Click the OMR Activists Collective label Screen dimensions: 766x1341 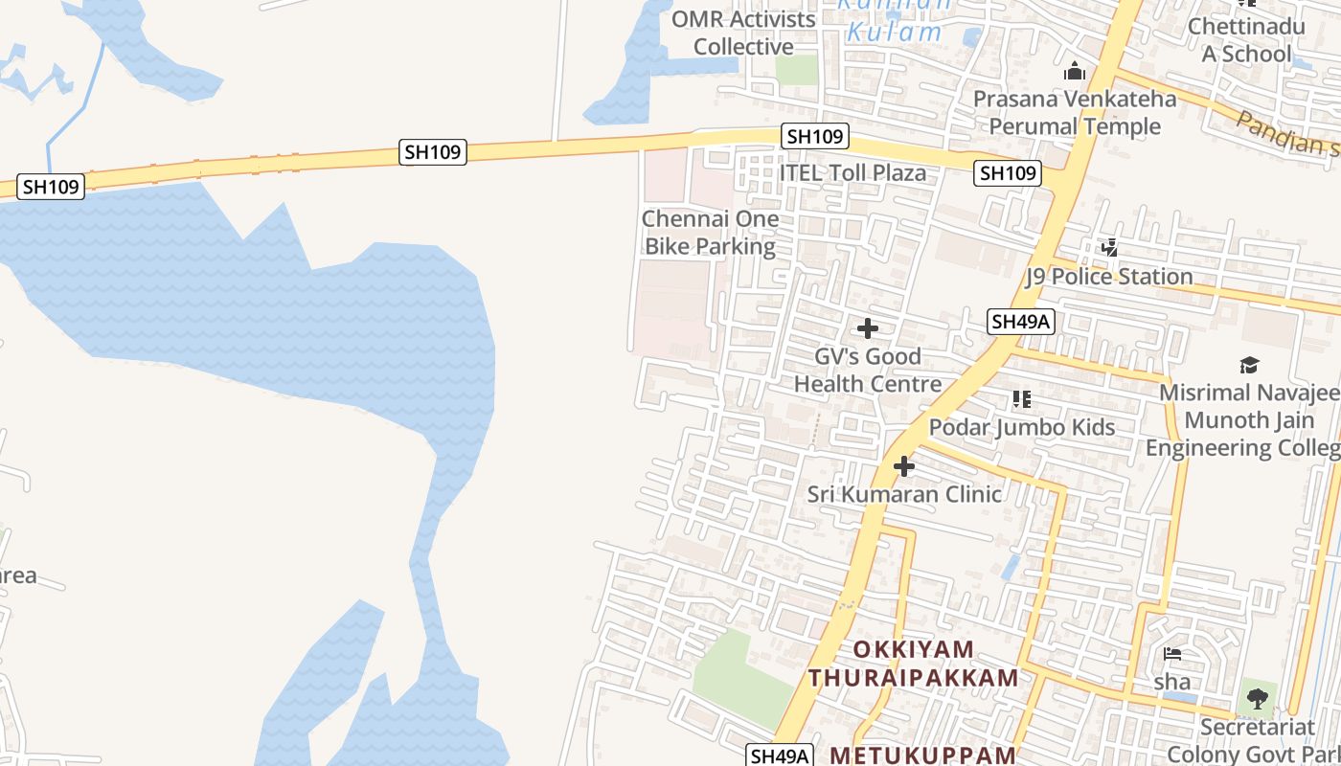[x=743, y=33]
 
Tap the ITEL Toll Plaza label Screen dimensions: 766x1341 [x=852, y=173]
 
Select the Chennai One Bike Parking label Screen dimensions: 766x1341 [x=710, y=233]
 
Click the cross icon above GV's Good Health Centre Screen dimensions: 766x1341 [x=868, y=329]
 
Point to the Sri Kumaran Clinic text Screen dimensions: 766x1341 [x=904, y=494]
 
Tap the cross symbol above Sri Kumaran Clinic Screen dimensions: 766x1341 [x=904, y=467]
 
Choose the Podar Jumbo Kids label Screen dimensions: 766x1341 [x=1022, y=427]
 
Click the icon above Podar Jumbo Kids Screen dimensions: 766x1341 [x=1022, y=399]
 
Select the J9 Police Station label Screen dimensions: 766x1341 [x=1109, y=277]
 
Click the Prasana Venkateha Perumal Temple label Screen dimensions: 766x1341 [x=1075, y=113]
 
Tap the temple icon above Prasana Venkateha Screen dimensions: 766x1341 [x=1075, y=72]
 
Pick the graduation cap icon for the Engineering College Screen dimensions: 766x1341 [x=1249, y=365]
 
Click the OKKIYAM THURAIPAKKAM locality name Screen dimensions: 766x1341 [x=913, y=664]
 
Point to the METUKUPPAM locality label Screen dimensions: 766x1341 [x=922, y=755]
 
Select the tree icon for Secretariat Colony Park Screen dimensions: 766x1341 [x=1257, y=699]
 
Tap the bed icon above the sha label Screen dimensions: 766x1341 [x=1172, y=655]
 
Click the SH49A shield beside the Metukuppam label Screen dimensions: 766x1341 [x=781, y=755]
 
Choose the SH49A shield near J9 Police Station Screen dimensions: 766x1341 [x=1022, y=322]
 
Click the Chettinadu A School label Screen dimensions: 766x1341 [x=1246, y=39]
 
